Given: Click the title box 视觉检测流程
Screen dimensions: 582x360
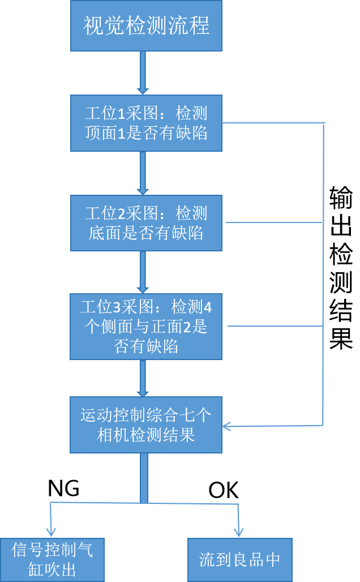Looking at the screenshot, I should (x=146, y=26).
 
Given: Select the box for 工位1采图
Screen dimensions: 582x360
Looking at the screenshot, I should (x=146, y=123).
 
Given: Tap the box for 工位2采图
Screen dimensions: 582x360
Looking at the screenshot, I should (x=146, y=222).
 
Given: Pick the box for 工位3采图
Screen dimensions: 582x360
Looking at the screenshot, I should (x=146, y=326).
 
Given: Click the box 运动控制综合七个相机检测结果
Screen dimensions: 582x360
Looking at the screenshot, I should (x=146, y=425).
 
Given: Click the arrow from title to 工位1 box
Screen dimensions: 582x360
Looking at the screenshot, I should (x=143, y=72).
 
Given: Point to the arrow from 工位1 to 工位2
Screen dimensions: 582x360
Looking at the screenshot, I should (x=143, y=173).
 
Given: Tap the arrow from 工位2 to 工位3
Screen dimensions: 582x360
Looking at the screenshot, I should (x=143, y=272).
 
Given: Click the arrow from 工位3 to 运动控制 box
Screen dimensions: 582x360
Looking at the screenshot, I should (x=143, y=378).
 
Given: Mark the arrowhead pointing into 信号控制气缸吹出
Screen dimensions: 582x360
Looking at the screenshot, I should (x=51, y=532).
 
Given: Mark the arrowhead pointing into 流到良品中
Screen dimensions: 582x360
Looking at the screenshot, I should (x=238, y=532).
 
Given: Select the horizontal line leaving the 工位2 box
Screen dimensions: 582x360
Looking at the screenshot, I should (x=272, y=222).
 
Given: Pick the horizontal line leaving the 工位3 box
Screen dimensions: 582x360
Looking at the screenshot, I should (x=275, y=326).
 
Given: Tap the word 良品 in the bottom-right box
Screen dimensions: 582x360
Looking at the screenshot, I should (x=252, y=560).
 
